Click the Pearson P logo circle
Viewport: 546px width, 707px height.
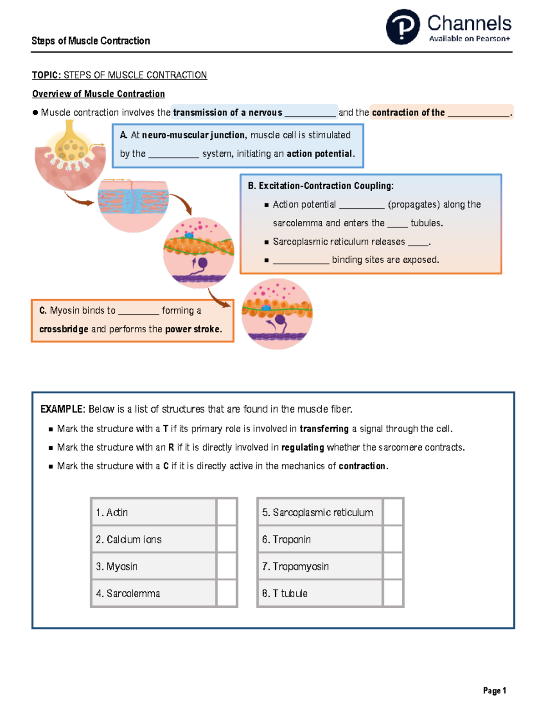(403, 27)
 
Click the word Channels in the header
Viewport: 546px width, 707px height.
(469, 23)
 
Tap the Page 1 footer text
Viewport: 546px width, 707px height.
(495, 691)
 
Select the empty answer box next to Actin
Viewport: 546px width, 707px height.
(226, 512)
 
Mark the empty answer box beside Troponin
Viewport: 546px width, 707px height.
(393, 539)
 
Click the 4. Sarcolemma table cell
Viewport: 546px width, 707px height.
(153, 593)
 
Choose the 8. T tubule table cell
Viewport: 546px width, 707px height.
(320, 593)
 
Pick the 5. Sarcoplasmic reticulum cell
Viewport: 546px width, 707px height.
(320, 512)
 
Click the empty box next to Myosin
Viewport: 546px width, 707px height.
(226, 566)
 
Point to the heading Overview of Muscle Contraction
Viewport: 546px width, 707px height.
(98, 94)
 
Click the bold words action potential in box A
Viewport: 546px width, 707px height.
(319, 154)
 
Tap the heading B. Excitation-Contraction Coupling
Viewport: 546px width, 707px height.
(321, 186)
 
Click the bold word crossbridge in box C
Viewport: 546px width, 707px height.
(64, 329)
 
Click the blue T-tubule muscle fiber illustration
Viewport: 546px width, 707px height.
(133, 203)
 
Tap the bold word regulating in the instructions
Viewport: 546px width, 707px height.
(303, 448)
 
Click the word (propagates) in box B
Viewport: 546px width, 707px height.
(414, 204)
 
